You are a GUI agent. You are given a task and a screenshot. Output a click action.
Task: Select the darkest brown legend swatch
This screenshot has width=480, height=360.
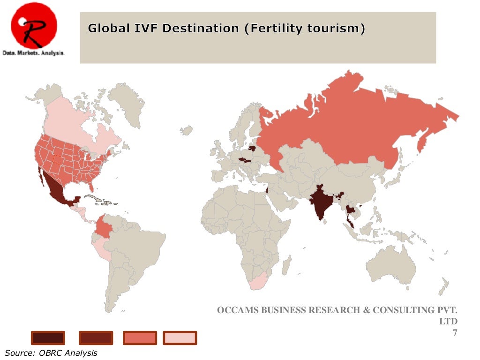tap(48, 337)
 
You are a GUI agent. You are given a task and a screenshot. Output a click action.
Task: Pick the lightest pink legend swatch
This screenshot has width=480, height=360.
tap(180, 337)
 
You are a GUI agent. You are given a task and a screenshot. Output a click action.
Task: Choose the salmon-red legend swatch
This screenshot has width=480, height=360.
tap(139, 337)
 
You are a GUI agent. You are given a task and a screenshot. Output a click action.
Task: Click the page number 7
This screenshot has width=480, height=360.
tap(454, 333)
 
